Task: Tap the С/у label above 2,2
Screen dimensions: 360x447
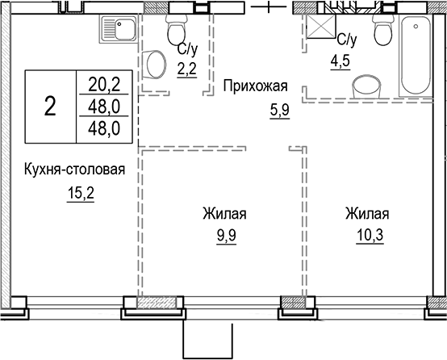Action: point(184,48)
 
